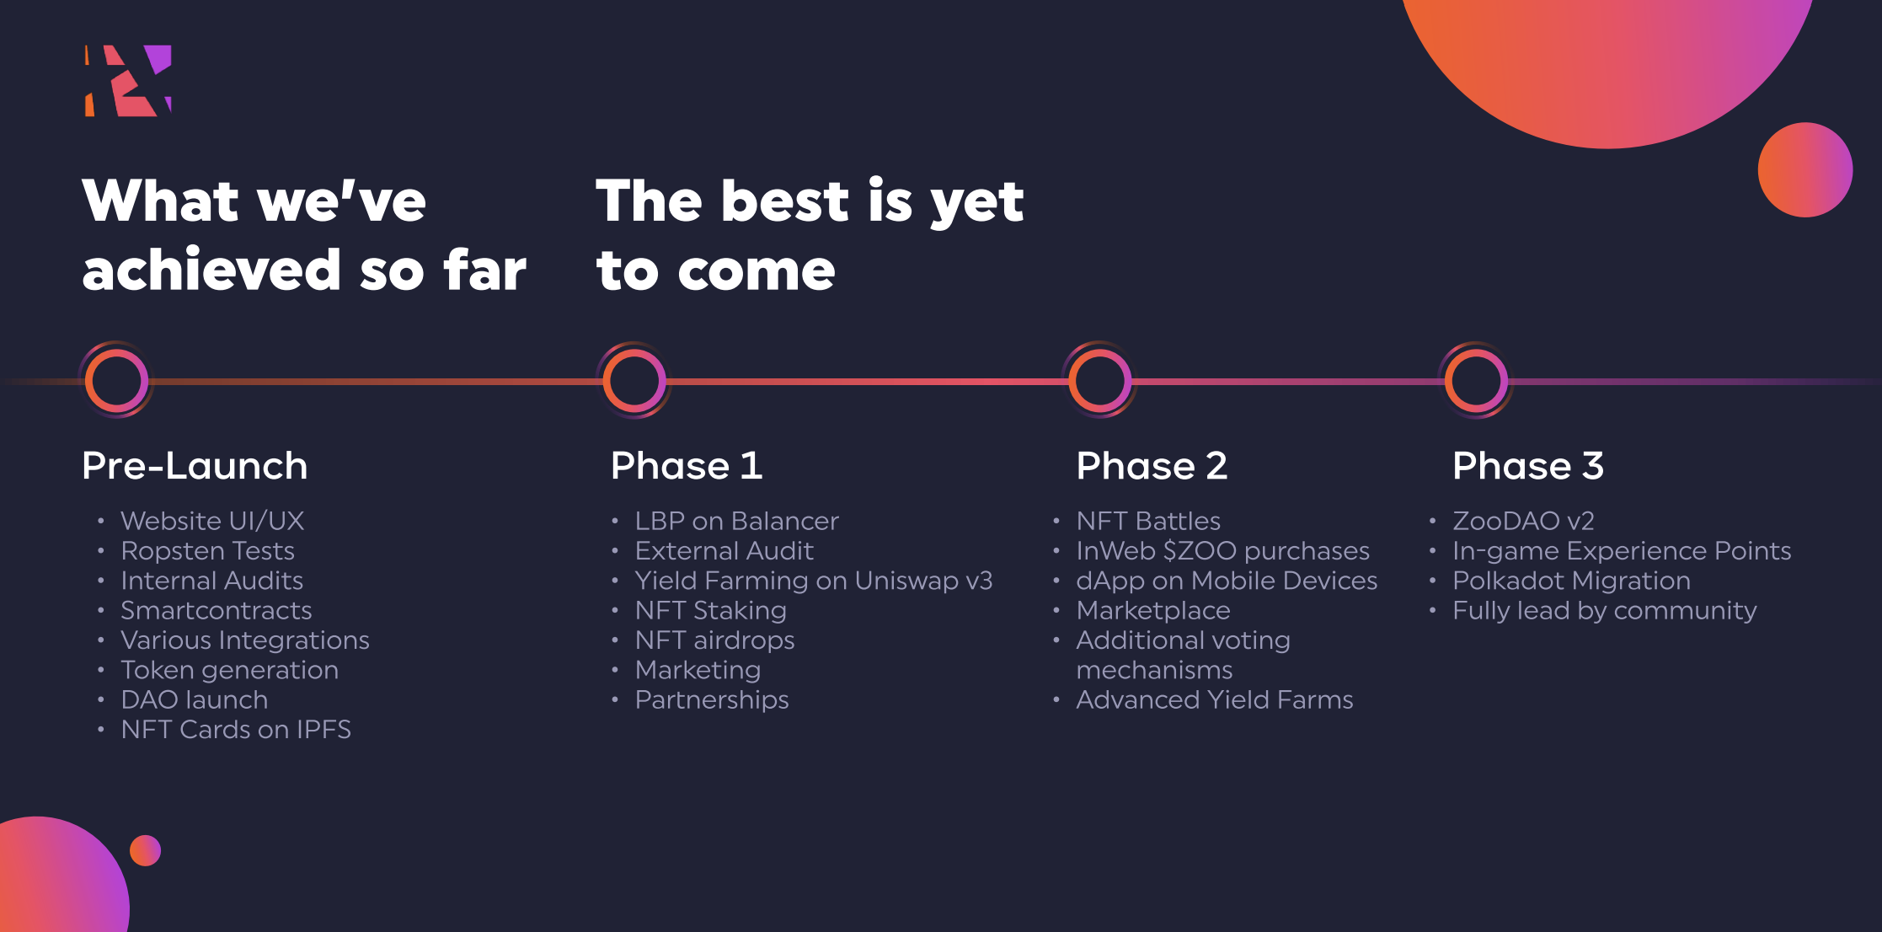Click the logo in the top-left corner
coord(128,81)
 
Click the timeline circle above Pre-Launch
coord(116,381)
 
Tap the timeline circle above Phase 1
coord(634,381)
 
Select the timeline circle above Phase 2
coord(1099,381)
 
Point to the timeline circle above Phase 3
coord(1476,381)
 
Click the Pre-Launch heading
coord(195,466)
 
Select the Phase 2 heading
coord(1152,466)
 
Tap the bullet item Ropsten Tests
coord(207,551)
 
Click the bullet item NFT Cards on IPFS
coord(236,730)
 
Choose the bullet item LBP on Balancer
coord(736,522)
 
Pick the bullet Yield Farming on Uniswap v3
coord(813,581)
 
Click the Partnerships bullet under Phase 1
coord(712,700)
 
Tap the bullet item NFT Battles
coord(1148,522)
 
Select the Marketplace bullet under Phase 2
coord(1153,611)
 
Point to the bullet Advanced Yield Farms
coord(1214,700)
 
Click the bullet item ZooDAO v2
coord(1523,522)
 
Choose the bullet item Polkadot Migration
coord(1571,581)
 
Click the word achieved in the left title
coord(211,270)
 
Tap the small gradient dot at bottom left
coord(145,850)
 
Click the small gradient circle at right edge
coord(1804,170)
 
